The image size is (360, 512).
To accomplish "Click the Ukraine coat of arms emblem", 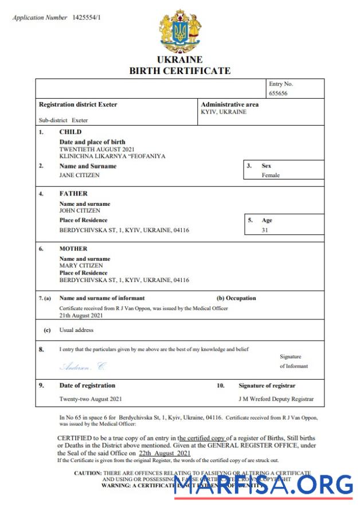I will (x=180, y=33).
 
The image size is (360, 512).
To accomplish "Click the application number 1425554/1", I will (x=87, y=18).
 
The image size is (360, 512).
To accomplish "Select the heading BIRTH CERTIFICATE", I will (x=179, y=71).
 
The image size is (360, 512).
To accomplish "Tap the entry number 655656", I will (x=280, y=93).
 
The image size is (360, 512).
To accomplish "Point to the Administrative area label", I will (x=229, y=104).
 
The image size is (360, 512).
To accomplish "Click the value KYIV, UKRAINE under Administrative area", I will (x=224, y=112).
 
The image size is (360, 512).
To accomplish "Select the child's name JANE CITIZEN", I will (x=80, y=175).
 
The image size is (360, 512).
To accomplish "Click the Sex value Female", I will (x=271, y=175).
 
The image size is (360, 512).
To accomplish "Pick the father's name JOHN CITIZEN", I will (x=80, y=210).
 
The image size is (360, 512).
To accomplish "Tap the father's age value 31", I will (x=265, y=230).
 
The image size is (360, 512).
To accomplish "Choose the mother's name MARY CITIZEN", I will (x=81, y=265).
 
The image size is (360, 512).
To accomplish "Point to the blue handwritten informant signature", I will (x=83, y=366).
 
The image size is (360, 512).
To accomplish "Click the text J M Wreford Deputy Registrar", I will (x=276, y=399).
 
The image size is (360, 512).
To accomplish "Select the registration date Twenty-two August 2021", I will (x=90, y=399).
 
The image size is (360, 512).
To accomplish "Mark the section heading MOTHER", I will (x=73, y=249).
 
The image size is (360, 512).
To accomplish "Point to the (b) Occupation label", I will (x=236, y=298).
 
